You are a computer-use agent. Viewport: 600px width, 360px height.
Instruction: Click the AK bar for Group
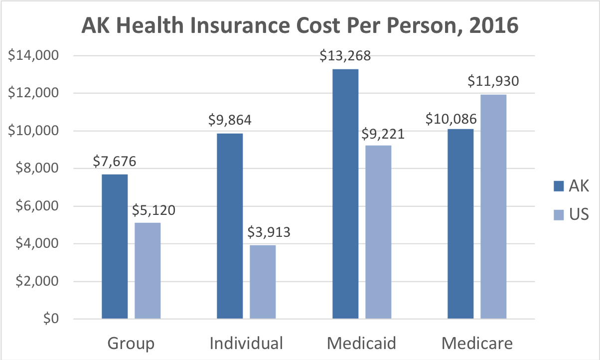coord(115,246)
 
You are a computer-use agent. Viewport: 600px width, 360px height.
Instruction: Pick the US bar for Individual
coord(263,282)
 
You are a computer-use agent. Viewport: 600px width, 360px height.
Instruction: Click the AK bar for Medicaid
coord(345,194)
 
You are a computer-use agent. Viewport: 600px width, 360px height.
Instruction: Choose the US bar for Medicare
coord(493,206)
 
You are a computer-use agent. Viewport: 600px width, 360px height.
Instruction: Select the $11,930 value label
coord(493,80)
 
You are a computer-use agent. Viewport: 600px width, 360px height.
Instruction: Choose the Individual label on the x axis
coord(246,343)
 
